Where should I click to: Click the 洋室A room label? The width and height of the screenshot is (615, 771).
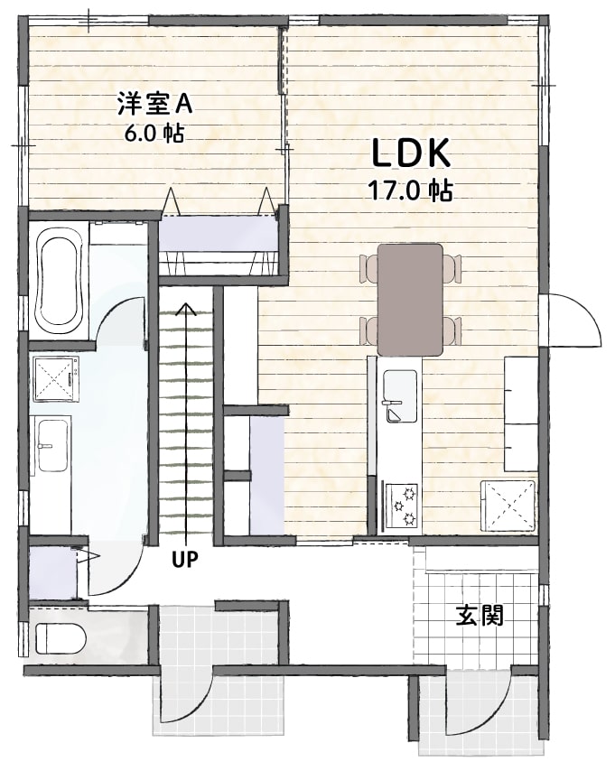point(154,104)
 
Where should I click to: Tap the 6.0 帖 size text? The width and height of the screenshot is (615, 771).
point(154,133)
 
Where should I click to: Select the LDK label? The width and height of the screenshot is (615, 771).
point(411,153)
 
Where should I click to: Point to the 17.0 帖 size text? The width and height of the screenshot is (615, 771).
point(411,190)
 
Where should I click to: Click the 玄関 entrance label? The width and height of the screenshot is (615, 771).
point(480,615)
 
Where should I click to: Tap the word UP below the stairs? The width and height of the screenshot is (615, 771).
point(185,559)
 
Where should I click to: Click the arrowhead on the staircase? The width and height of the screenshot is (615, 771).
point(186,308)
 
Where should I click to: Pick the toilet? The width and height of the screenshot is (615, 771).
point(61,638)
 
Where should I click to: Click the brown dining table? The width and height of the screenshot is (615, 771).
point(410,300)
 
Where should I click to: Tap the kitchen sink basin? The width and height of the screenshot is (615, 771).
point(400,396)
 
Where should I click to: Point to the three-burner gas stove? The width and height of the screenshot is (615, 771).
point(402,506)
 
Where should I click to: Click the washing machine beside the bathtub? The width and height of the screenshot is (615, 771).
point(56,378)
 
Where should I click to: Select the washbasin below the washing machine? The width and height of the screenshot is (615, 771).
point(52,445)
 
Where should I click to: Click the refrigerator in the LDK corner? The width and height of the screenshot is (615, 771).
point(508,506)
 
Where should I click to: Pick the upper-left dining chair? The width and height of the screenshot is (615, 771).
point(369,268)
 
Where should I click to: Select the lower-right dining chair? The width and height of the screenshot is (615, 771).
point(452,331)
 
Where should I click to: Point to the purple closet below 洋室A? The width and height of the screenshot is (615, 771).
point(218,233)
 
